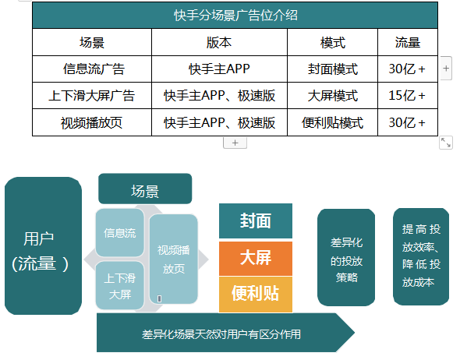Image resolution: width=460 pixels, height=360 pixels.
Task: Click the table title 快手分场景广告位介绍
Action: (x=235, y=15)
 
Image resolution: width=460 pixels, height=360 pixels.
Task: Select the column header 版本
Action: (x=219, y=42)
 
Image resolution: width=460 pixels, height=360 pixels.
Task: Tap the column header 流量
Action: (x=406, y=42)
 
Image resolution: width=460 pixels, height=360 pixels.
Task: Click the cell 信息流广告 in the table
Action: (x=92, y=69)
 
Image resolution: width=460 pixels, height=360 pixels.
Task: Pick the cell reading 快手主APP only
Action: (x=219, y=69)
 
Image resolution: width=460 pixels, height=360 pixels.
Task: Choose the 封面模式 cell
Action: (x=332, y=69)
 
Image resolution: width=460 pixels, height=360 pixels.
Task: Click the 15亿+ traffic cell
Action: (x=406, y=96)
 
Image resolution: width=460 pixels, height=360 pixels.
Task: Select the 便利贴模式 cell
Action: (x=332, y=122)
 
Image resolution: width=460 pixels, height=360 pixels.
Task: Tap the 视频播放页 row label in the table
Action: (x=92, y=122)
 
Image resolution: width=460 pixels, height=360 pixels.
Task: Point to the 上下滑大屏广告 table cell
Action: (x=92, y=96)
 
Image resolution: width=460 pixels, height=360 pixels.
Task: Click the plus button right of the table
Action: (x=446, y=69)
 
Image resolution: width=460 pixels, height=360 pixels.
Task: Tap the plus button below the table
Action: (x=235, y=143)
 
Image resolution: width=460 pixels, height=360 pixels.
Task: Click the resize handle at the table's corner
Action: (x=446, y=142)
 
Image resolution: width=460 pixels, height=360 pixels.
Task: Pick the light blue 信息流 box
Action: (x=120, y=232)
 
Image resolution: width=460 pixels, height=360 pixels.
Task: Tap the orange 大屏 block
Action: (x=256, y=258)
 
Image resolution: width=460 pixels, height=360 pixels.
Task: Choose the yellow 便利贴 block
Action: (x=256, y=294)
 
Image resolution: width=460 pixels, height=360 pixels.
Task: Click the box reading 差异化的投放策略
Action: (x=346, y=257)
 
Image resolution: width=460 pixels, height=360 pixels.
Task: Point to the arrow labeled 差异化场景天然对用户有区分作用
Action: (x=222, y=334)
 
